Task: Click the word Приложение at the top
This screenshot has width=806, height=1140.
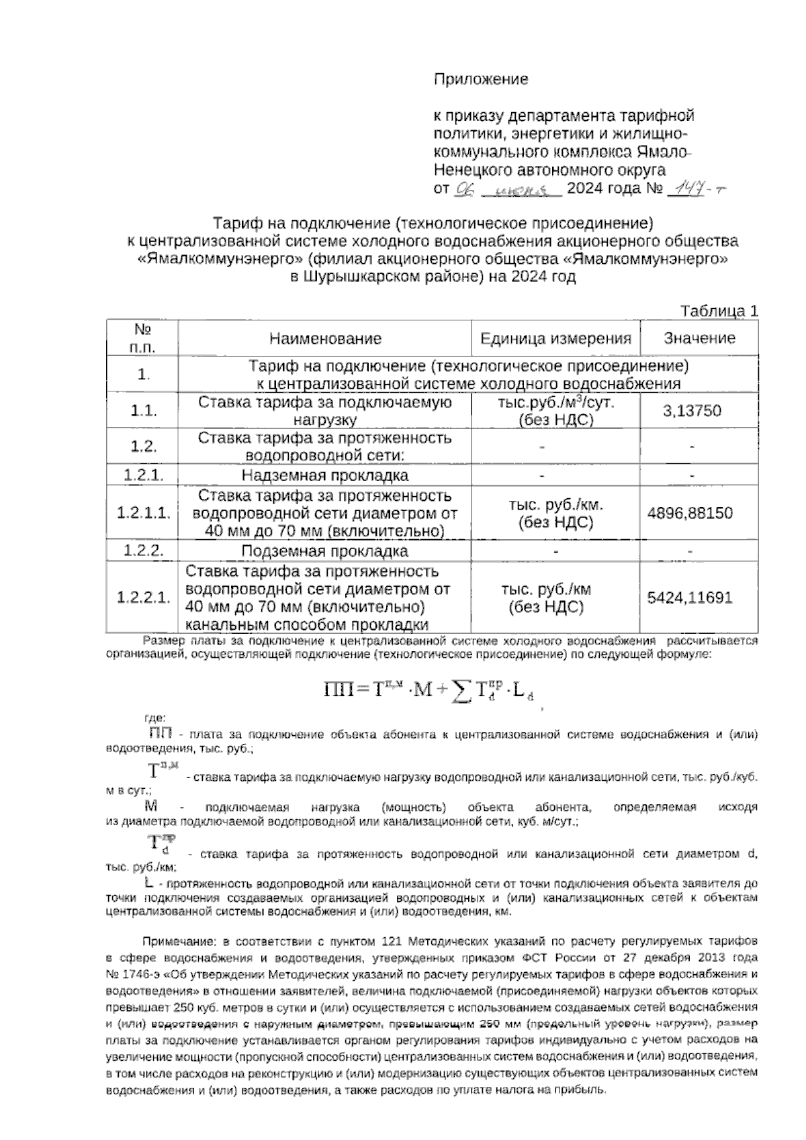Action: pos(480,79)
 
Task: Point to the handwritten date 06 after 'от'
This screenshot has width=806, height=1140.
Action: pos(464,190)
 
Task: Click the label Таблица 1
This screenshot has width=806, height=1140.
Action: pos(719,312)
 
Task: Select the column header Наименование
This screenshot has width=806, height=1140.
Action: pos(325,338)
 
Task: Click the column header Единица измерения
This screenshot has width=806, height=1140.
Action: pos(555,338)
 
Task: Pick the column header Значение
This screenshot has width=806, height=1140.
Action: pos(699,338)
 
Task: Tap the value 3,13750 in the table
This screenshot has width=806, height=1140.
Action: pos(692,411)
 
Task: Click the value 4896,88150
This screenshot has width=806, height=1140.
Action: pos(690,514)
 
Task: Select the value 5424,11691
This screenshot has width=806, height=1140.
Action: pos(690,598)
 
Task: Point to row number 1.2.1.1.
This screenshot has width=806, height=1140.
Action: pos(142,514)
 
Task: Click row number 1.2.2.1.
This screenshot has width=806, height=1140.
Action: pos(142,598)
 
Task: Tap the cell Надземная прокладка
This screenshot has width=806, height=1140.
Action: pos(325,476)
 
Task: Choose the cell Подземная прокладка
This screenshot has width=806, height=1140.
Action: pos(325,552)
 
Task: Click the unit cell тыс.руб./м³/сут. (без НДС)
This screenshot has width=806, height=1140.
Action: pos(555,411)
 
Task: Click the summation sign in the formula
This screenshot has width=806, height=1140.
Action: pos(460,690)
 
